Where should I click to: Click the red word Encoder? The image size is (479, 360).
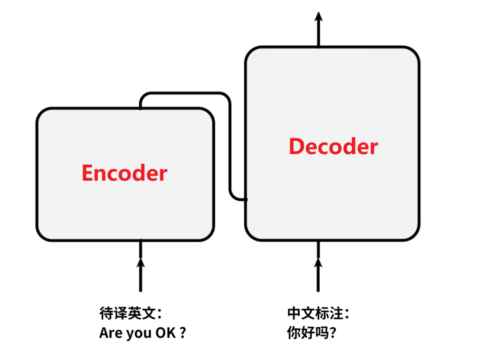pyautogui.click(x=125, y=173)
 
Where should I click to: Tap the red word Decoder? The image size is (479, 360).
pyautogui.click(x=333, y=146)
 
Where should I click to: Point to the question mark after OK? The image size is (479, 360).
pyautogui.click(x=182, y=333)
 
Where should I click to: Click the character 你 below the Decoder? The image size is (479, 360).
pyautogui.click(x=294, y=333)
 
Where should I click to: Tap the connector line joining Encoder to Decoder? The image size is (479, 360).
pyautogui.click(x=230, y=146)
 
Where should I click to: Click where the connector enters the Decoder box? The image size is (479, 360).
pyautogui.click(x=245, y=199)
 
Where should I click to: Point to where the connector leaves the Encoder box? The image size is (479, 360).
pyautogui.click(x=141, y=107)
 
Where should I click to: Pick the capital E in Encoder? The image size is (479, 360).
pyautogui.click(x=87, y=173)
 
